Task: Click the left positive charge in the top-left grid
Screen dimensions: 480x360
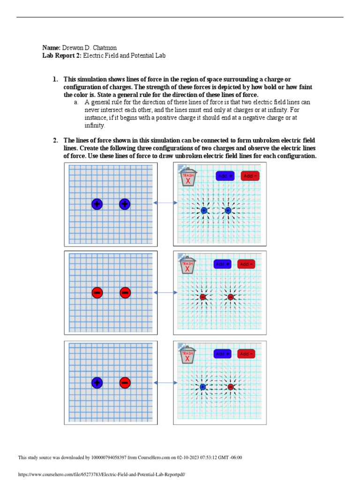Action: point(97,204)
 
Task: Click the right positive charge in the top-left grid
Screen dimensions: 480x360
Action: point(124,204)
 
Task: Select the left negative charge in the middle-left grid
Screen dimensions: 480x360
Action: point(97,293)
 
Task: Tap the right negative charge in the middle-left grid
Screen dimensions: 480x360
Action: point(125,293)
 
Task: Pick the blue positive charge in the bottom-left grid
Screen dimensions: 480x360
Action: point(97,382)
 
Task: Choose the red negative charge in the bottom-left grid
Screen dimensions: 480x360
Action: point(124,382)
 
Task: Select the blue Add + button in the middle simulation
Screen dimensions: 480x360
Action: point(223,264)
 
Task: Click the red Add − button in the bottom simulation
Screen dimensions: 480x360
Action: point(246,354)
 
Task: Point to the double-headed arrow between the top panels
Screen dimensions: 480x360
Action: point(165,202)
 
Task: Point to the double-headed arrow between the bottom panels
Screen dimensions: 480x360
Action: point(165,383)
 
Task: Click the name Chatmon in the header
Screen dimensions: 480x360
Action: point(106,48)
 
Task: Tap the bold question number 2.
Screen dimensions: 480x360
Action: point(55,140)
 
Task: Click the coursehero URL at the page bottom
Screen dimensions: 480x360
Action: point(102,474)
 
